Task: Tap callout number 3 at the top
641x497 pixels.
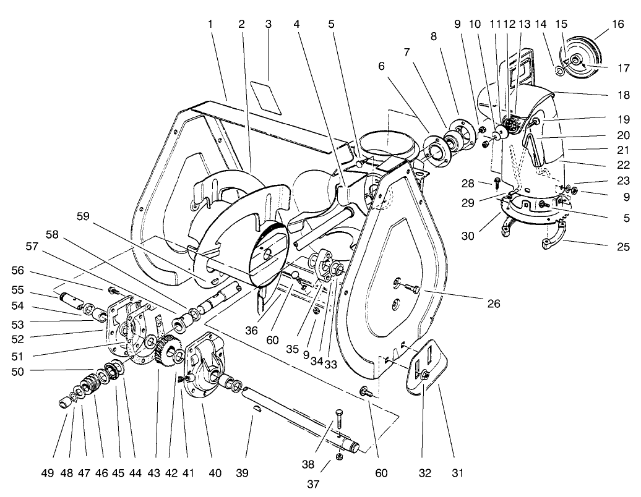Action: [268, 24]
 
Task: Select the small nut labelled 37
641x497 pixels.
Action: [339, 456]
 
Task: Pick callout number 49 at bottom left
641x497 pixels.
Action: [48, 474]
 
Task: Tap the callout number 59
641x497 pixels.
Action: [84, 216]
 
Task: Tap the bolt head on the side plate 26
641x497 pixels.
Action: [411, 289]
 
